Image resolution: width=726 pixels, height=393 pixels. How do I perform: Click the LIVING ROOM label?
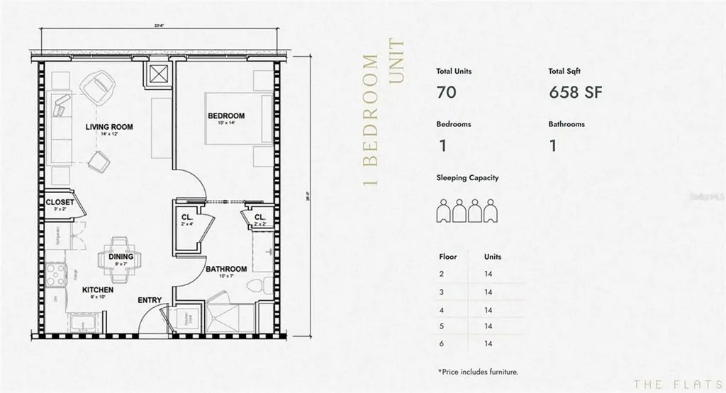(x=109, y=128)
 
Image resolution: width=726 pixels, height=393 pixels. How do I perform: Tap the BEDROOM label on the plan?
(x=226, y=116)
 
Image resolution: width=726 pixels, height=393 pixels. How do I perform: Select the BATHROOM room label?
(x=226, y=270)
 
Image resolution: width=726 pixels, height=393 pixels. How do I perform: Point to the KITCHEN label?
(x=99, y=290)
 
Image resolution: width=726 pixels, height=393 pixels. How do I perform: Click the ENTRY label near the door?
(x=149, y=300)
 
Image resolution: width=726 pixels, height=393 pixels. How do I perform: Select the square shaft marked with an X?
(x=157, y=73)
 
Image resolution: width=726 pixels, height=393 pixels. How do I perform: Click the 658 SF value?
(x=575, y=93)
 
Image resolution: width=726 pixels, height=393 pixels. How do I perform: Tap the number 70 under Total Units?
(x=446, y=93)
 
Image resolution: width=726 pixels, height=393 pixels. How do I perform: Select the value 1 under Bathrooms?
(x=552, y=146)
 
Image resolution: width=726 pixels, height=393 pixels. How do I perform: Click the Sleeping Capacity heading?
(x=467, y=178)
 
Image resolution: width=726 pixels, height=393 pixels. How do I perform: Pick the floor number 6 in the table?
(x=442, y=343)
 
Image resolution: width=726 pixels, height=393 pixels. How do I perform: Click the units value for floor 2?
(x=488, y=273)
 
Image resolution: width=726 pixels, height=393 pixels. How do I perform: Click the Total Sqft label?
(x=565, y=72)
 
